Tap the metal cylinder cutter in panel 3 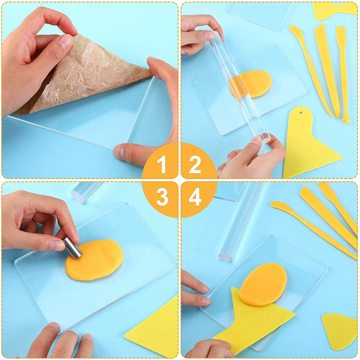(x=72, y=248)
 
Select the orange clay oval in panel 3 (x=94, y=260)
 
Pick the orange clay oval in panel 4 (x=262, y=284)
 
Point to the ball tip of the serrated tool (x=346, y=120)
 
